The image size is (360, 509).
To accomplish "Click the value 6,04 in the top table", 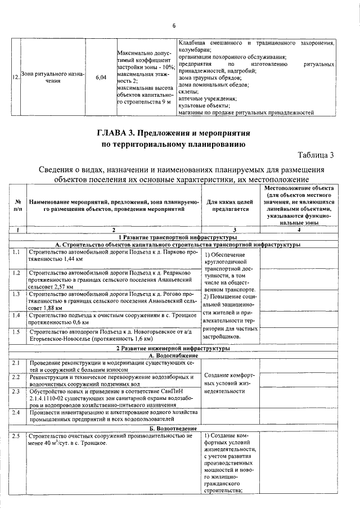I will click(101, 77).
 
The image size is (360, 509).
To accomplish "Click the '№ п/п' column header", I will click(19, 205).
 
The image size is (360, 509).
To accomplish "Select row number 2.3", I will click(17, 391).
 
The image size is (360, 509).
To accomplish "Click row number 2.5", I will click(17, 435).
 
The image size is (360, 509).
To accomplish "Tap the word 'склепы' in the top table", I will click(188, 91).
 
